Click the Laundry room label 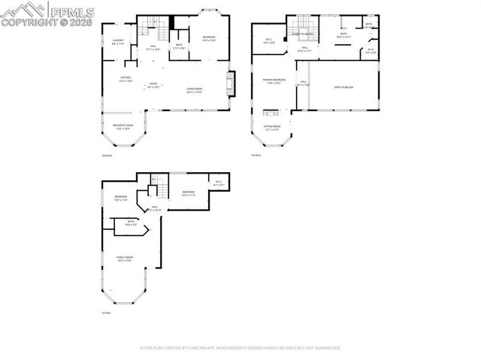click(118, 41)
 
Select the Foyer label click(153, 85)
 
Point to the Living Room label click(195, 89)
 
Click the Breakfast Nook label click(123, 127)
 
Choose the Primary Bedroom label click(274, 80)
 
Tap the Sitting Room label click(272, 127)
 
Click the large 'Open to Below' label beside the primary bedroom click(344, 88)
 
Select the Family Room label click(124, 259)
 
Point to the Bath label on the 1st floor click(130, 222)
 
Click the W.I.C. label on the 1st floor click(218, 183)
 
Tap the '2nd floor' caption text click(106, 156)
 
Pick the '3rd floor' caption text click(256, 156)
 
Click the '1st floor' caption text click(106, 313)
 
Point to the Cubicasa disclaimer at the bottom click(240, 348)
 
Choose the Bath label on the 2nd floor click(179, 46)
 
